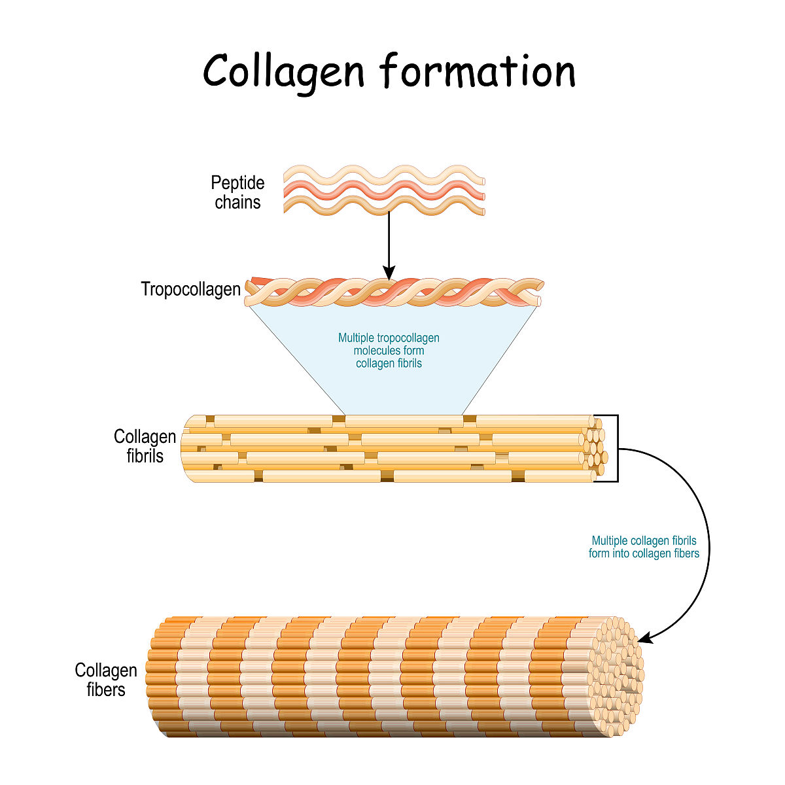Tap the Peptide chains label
tap(237, 192)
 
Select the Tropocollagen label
tap(190, 289)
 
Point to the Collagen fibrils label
tap(145, 445)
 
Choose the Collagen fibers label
tap(105, 680)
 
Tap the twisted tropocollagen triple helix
tap(392, 292)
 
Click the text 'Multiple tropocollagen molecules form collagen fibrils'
tap(389, 351)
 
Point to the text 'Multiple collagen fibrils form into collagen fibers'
tap(644, 547)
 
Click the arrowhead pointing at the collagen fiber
tap(643, 637)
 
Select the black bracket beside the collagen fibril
tap(616, 448)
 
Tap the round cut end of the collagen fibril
tap(596, 447)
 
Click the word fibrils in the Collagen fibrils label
tap(145, 455)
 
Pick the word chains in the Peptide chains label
tap(237, 202)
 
